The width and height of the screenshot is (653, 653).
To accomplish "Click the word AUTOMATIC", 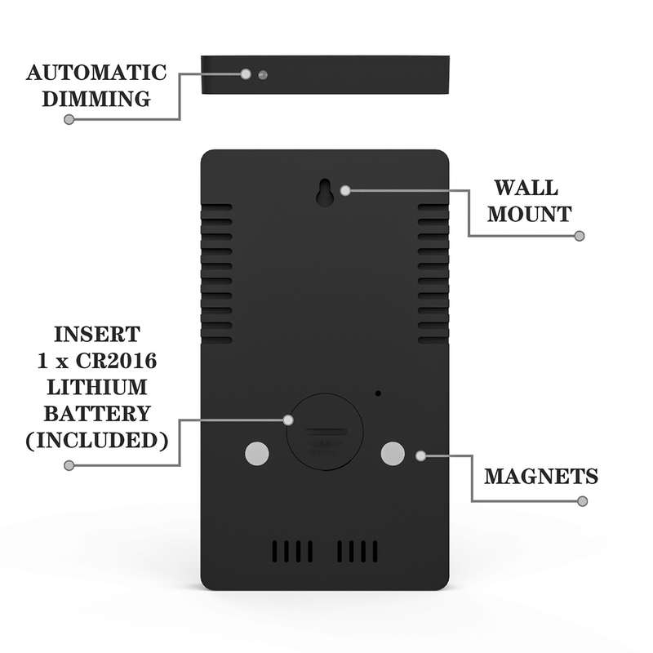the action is click(96, 73).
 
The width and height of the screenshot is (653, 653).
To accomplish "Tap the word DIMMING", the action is click(96, 99).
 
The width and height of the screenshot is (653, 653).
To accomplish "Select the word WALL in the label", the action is click(526, 188).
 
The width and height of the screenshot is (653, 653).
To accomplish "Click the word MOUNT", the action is click(529, 215).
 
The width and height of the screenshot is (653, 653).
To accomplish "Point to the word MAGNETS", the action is click(541, 477).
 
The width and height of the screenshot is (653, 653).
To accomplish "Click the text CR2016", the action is click(116, 361).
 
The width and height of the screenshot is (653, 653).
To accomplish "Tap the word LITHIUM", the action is click(97, 387).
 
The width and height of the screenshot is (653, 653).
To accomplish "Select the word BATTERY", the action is click(97, 414).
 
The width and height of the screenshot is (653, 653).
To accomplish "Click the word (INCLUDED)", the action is click(97, 441).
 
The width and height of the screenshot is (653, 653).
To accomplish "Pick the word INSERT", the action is click(97, 335).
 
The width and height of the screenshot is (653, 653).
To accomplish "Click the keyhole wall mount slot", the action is click(324, 193).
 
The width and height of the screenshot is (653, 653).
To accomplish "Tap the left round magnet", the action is click(257, 454).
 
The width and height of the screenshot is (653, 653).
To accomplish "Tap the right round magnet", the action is click(393, 454).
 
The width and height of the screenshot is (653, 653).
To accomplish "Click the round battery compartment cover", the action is click(325, 432).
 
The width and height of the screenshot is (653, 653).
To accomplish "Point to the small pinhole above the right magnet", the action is click(378, 393).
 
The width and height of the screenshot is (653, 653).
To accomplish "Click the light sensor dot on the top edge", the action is click(263, 75).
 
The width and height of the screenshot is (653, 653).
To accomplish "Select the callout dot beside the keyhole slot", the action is click(345, 191).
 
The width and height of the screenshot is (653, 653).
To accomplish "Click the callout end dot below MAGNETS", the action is click(583, 501).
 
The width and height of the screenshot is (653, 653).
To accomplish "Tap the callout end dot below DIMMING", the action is click(69, 119).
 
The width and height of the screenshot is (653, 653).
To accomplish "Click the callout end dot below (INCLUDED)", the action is click(69, 465).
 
